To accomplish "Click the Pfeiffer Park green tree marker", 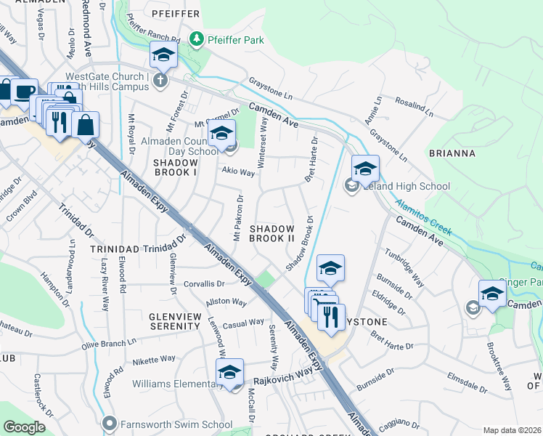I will [196, 39].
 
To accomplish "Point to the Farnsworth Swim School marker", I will [110, 422].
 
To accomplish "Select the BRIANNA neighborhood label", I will [452, 153].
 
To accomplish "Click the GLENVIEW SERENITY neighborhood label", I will [174, 322].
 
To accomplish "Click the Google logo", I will [25, 427].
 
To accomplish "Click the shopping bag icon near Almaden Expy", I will [85, 124].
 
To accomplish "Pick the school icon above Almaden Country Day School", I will [221, 132].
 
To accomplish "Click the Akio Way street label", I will [238, 172].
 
